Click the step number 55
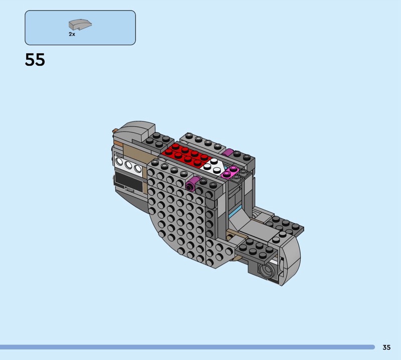[35, 60]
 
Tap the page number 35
[386, 347]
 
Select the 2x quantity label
[72, 34]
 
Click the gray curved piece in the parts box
[80, 25]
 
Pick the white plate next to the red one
[212, 166]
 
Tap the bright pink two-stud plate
[230, 172]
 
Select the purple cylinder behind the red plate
[228, 153]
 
